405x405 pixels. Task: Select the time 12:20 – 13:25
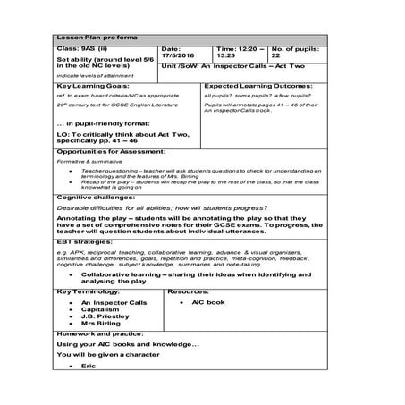click(x=240, y=55)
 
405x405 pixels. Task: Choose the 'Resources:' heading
click(x=188, y=291)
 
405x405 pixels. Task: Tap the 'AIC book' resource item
click(x=202, y=303)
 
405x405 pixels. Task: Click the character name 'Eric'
click(x=88, y=366)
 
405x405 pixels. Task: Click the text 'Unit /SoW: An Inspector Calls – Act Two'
click(x=255, y=67)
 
